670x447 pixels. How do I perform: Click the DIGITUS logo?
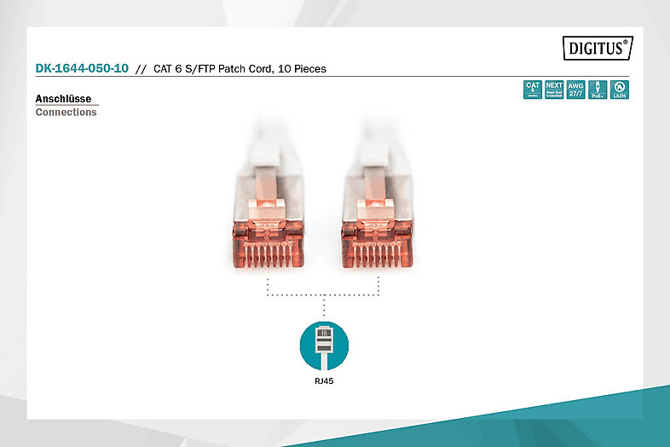tap(597, 49)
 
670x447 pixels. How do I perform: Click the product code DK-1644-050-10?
tap(82, 68)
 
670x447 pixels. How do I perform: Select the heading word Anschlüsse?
tap(63, 99)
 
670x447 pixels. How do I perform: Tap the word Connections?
tap(66, 113)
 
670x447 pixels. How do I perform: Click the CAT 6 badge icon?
tap(533, 90)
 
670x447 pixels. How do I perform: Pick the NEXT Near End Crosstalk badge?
tap(554, 90)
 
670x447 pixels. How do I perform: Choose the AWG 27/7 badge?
tap(576, 90)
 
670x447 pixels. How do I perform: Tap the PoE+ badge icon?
tap(598, 90)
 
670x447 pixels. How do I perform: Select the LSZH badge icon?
tap(620, 90)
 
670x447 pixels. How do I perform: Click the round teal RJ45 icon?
tap(324, 344)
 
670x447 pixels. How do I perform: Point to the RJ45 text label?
tap(324, 381)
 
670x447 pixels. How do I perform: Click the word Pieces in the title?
tap(309, 68)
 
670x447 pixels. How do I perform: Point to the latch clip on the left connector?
tap(269, 205)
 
